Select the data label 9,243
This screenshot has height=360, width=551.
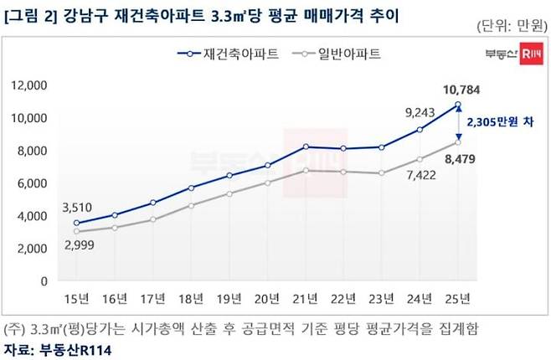[x=418, y=110]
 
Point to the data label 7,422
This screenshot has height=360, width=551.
[x=417, y=175]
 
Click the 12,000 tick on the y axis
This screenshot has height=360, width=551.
[x=29, y=85]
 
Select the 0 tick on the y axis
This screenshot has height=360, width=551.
[x=44, y=281]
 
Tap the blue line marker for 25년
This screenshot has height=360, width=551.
[x=459, y=105]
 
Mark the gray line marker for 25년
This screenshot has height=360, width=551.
[x=459, y=142]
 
